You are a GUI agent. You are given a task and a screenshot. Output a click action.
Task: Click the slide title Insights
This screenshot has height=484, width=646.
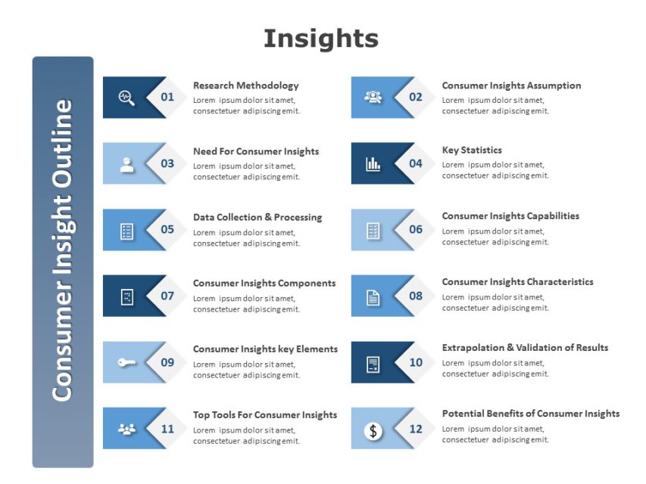(321, 38)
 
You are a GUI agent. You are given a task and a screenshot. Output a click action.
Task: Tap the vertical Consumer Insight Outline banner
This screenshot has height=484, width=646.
(63, 261)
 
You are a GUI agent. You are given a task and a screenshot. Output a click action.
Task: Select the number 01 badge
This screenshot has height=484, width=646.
(167, 97)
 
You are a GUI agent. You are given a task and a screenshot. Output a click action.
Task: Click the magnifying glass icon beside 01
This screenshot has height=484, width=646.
(126, 97)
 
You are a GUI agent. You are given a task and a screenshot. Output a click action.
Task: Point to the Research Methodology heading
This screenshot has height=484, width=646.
(245, 85)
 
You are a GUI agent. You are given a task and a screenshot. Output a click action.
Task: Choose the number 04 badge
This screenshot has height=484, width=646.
(416, 163)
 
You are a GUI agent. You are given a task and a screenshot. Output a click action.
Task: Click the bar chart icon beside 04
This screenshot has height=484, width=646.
(373, 163)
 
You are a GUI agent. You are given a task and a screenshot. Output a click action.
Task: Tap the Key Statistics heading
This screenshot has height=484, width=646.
(472, 150)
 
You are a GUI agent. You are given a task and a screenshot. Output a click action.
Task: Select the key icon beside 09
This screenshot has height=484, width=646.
(126, 362)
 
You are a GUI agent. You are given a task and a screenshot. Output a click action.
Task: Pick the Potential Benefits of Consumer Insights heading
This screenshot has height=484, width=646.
(530, 414)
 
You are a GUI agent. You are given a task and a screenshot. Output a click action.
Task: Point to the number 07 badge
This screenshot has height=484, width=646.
(167, 296)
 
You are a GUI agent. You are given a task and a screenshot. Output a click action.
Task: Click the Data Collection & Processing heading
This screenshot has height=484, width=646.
(257, 217)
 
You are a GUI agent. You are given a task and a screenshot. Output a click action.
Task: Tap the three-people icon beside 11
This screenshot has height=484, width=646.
(126, 429)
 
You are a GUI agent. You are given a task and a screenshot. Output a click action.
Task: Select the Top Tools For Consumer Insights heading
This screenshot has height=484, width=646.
(265, 414)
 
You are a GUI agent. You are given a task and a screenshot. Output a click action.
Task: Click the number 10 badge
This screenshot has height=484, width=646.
(416, 362)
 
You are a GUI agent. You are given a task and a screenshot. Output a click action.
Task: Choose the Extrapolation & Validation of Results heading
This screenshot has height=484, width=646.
(525, 348)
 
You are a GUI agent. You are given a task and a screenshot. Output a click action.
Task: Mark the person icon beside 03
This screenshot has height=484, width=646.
(126, 164)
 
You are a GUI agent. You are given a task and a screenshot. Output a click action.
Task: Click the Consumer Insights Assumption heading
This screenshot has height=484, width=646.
(511, 85)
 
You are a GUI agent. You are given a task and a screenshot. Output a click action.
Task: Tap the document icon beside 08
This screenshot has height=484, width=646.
(373, 296)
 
